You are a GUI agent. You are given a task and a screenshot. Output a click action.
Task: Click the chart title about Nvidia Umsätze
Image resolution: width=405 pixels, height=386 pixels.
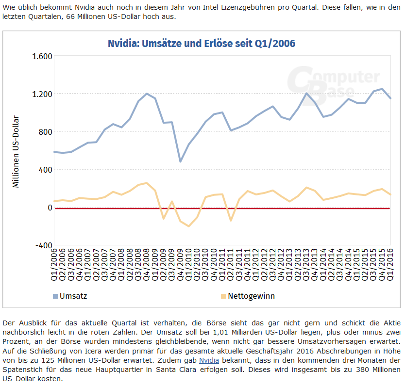click(202, 44)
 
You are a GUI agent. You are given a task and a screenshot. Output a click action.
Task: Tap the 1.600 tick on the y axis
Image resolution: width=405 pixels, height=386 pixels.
click(42, 56)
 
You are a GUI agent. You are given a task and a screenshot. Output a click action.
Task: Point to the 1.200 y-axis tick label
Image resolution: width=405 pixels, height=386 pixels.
click(42, 94)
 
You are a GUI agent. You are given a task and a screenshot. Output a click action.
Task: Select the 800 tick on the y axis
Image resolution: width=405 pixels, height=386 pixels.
click(45, 132)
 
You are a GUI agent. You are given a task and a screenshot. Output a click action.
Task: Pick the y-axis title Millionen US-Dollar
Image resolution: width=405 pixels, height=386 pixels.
click(16, 151)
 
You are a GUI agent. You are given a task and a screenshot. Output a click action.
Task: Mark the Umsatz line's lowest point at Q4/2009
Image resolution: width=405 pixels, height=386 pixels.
click(181, 161)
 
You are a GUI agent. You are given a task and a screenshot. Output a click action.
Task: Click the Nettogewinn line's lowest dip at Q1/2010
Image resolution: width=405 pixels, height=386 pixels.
click(189, 226)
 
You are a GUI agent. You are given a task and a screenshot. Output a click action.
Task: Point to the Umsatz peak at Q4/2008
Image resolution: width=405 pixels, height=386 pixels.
click(147, 94)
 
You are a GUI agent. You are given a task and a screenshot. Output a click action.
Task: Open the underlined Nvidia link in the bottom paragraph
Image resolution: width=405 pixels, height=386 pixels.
click(209, 360)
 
